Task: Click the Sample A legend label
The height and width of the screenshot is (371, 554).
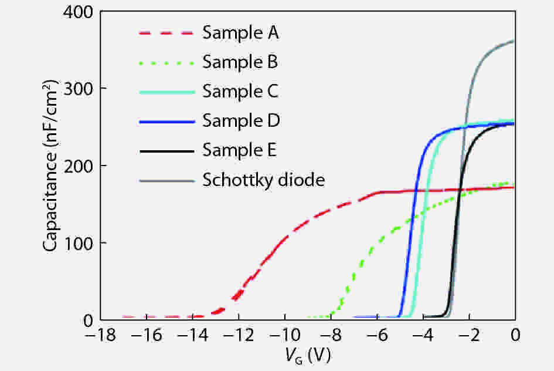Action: (x=240, y=32)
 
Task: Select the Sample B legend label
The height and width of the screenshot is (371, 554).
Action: (x=240, y=62)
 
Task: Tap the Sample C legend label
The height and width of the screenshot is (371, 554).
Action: (x=240, y=92)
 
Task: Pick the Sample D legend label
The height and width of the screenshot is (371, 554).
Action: (x=241, y=121)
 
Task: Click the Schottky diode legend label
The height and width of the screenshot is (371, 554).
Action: (x=263, y=180)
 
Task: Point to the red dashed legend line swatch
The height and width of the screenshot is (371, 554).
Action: (x=166, y=33)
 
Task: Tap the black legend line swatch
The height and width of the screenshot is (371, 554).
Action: (x=166, y=151)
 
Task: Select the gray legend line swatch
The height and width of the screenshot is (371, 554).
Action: (x=166, y=181)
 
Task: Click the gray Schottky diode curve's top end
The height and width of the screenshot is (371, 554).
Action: (x=514, y=41)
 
